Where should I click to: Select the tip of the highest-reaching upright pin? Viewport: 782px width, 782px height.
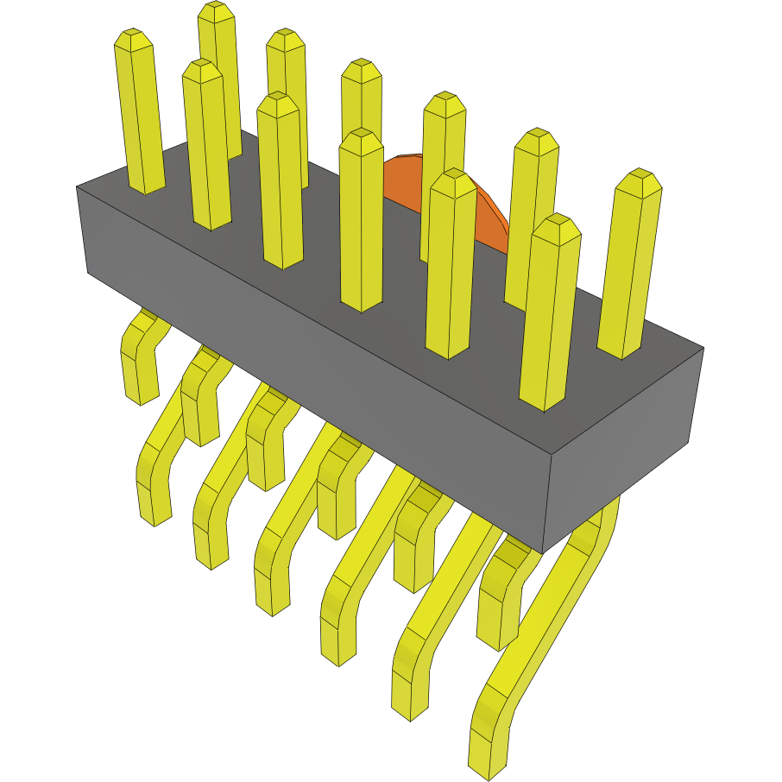coord(217,11)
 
